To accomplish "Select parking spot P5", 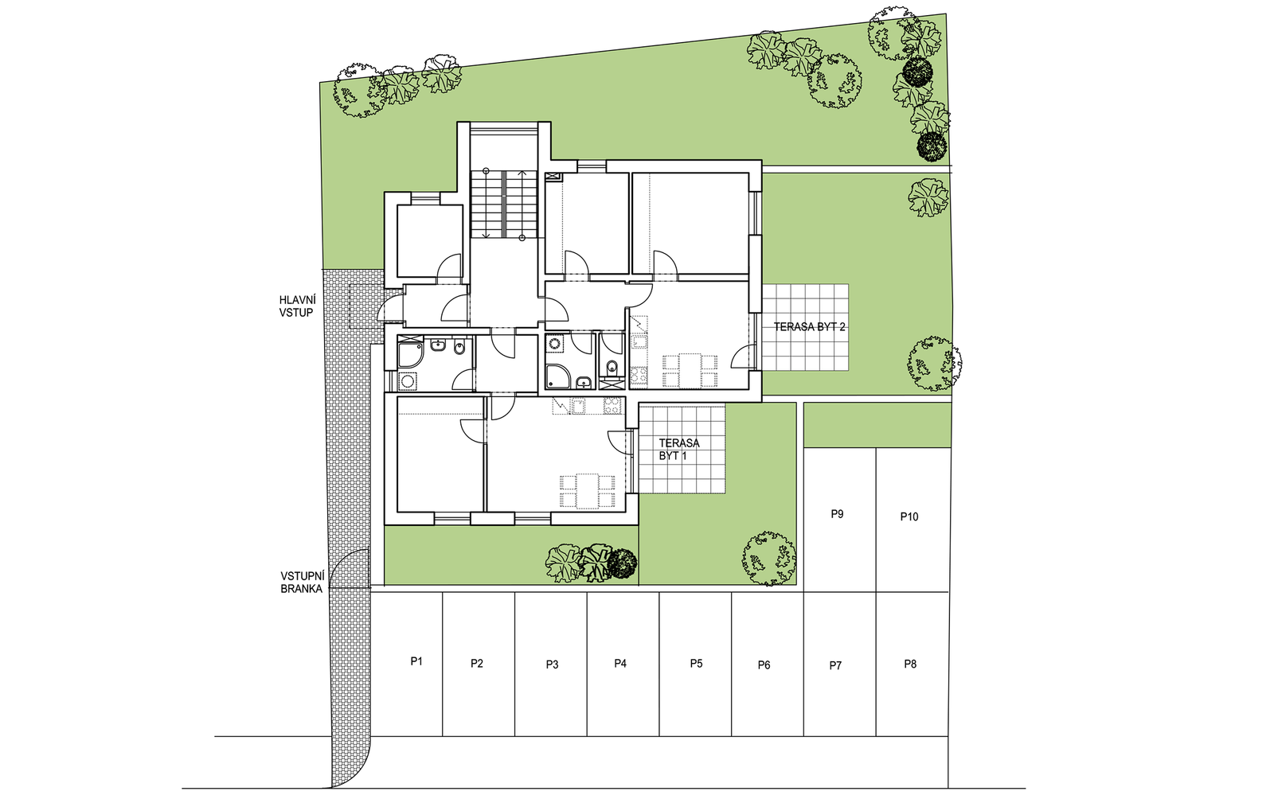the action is [696, 664].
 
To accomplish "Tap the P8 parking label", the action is [910, 664].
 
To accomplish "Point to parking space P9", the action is [839, 520].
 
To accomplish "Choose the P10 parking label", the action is [909, 516].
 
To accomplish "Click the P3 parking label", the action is [552, 665].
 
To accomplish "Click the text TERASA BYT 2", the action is [809, 327].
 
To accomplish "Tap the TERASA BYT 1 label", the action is [679, 449].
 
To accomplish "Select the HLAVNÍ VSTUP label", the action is [297, 306].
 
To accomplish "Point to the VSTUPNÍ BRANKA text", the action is [302, 583].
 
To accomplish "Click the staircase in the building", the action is [504, 204].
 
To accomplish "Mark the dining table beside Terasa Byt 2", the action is [690, 371].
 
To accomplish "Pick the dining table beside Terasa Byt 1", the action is [588, 491].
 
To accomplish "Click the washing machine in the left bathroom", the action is [407, 380].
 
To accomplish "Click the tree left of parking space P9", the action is [768, 558].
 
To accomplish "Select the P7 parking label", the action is [835, 665].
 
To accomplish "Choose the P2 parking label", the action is [477, 663].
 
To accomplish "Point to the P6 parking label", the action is [764, 665].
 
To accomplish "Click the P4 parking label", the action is [620, 663].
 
